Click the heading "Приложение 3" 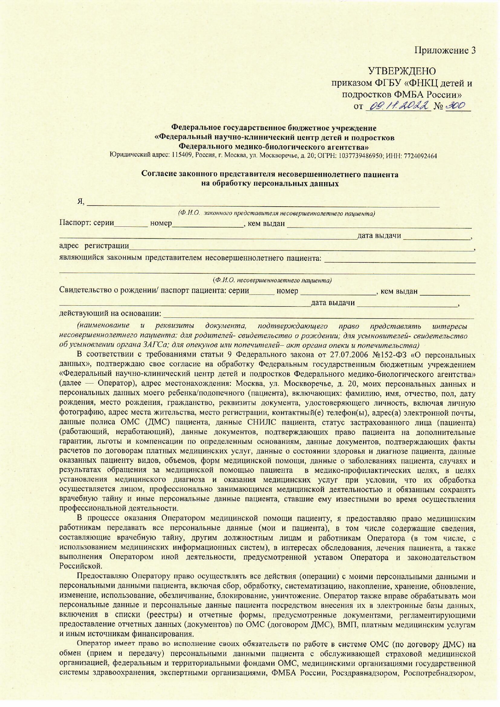tap(446, 50)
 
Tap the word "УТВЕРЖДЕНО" tap(402, 72)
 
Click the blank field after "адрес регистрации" tap(302, 247)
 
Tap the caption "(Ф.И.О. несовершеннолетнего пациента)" tap(272, 280)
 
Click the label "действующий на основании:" tap(110, 313)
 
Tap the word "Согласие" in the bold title tap(159, 174)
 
